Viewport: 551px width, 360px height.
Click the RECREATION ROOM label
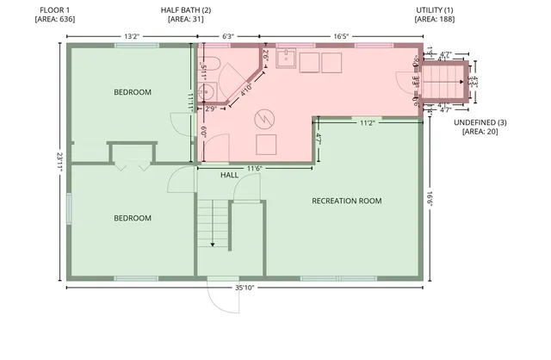tap(346, 201)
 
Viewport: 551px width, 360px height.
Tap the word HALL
tap(229, 175)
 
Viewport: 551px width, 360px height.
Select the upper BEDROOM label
tap(133, 92)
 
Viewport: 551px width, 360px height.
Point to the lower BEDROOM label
tap(133, 218)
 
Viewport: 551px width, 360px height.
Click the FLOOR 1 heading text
tap(55, 9)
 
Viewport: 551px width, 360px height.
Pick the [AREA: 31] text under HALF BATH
tap(185, 18)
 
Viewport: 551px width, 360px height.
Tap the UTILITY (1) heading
tap(435, 9)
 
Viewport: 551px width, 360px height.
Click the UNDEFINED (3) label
tap(480, 123)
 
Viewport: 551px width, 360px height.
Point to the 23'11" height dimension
tap(59, 162)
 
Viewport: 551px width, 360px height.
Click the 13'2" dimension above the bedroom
tap(132, 36)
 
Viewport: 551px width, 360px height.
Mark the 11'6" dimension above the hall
tap(255, 167)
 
